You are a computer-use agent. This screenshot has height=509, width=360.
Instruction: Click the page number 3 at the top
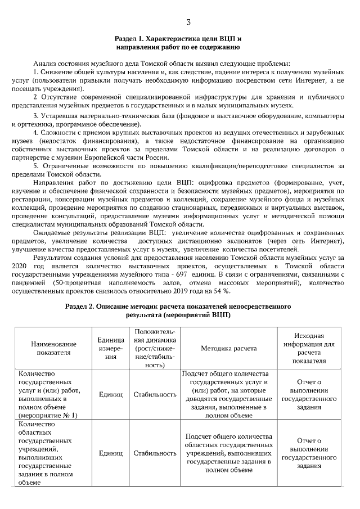point(188,22)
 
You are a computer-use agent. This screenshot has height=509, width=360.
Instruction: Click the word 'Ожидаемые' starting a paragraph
point(52,232)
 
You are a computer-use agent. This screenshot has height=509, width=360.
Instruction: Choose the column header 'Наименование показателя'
point(51,348)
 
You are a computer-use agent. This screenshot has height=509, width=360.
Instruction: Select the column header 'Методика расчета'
point(228,348)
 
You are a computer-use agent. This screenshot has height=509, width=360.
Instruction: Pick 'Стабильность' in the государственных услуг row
point(155,394)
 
